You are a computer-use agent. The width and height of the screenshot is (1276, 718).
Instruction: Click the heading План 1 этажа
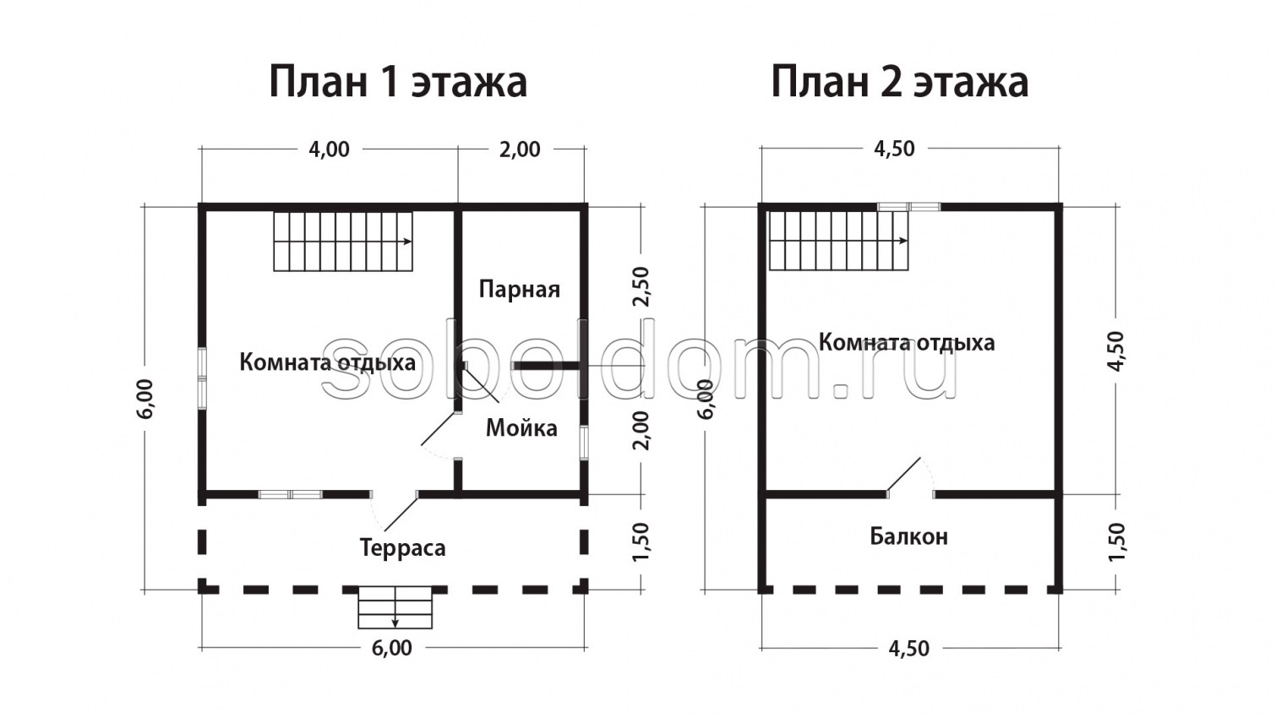(x=398, y=83)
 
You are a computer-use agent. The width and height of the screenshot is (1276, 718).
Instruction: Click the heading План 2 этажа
(x=899, y=83)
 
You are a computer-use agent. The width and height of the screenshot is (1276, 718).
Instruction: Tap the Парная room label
(x=519, y=290)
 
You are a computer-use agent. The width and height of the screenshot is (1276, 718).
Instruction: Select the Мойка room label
(x=521, y=428)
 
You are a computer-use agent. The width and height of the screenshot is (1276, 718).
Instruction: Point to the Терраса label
(x=402, y=548)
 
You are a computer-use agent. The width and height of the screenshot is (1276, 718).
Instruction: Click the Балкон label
(x=908, y=536)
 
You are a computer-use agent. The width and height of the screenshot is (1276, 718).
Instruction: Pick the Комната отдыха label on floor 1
(x=327, y=362)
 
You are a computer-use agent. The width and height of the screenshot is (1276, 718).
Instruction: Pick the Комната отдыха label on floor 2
(x=906, y=342)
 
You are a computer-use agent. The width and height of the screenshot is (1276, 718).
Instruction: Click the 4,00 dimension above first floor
(x=329, y=150)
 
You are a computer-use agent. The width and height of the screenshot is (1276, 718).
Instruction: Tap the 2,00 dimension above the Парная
(x=520, y=150)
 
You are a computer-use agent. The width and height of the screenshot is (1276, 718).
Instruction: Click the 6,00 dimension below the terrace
(x=392, y=648)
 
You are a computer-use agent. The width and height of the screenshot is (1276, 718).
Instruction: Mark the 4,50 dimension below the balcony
(x=908, y=648)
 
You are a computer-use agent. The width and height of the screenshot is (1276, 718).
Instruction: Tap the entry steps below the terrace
(x=395, y=608)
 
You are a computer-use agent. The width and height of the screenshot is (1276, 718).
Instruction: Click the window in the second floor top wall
(x=908, y=206)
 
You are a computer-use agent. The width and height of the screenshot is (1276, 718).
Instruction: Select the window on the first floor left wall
(x=203, y=378)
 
